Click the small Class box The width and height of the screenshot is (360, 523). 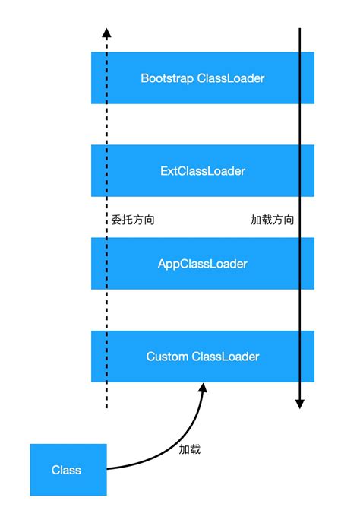[x=66, y=470]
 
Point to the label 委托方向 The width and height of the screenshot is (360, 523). [x=133, y=220]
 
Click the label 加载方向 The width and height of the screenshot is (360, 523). [x=272, y=220]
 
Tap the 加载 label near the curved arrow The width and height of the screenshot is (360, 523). [x=190, y=449]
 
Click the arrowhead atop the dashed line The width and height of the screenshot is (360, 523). [x=106, y=33]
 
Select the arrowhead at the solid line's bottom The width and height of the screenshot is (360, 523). [x=300, y=403]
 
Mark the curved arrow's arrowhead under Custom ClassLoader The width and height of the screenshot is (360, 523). [x=203, y=388]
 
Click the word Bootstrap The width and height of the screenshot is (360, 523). [x=167, y=78]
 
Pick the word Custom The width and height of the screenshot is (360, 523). [x=167, y=357]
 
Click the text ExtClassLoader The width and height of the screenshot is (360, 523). [x=203, y=171]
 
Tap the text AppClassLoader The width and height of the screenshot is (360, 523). [x=203, y=264]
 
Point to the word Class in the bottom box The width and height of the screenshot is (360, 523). [x=66, y=470]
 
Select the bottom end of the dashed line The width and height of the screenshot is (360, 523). [x=106, y=407]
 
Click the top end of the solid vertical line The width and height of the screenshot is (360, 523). [x=300, y=30]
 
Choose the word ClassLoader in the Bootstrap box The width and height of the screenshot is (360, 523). [x=231, y=78]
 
